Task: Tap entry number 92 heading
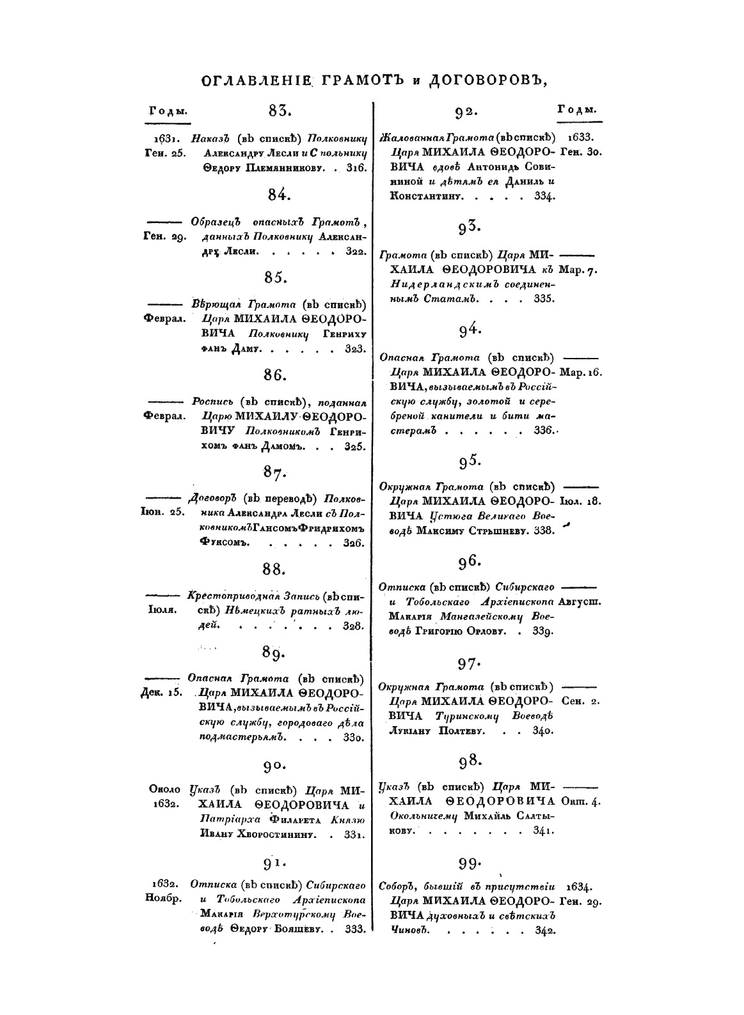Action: tap(467, 112)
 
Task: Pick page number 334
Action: tap(544, 196)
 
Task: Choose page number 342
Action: tap(544, 931)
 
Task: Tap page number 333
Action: tap(354, 929)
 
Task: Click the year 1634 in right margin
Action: tap(580, 887)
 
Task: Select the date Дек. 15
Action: tap(162, 693)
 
